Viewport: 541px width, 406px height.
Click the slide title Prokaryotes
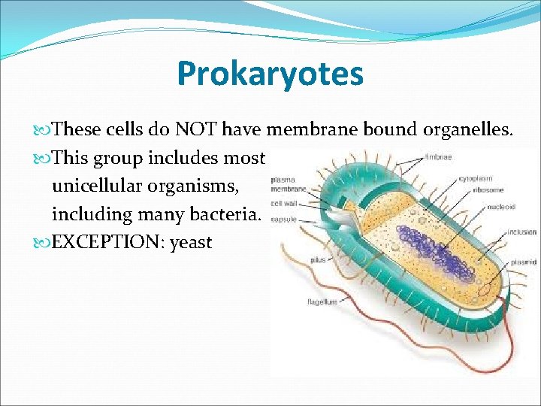[270, 74]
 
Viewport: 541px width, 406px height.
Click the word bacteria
[226, 214]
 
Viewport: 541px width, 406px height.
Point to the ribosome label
[488, 189]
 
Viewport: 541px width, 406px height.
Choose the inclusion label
[521, 232]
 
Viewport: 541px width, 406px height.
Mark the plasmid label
[523, 262]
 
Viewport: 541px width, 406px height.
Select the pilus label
[318, 260]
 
